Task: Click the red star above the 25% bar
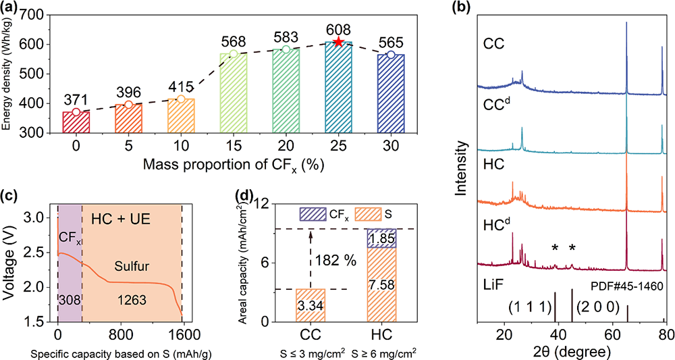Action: [339, 43]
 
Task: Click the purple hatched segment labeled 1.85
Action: [382, 238]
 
